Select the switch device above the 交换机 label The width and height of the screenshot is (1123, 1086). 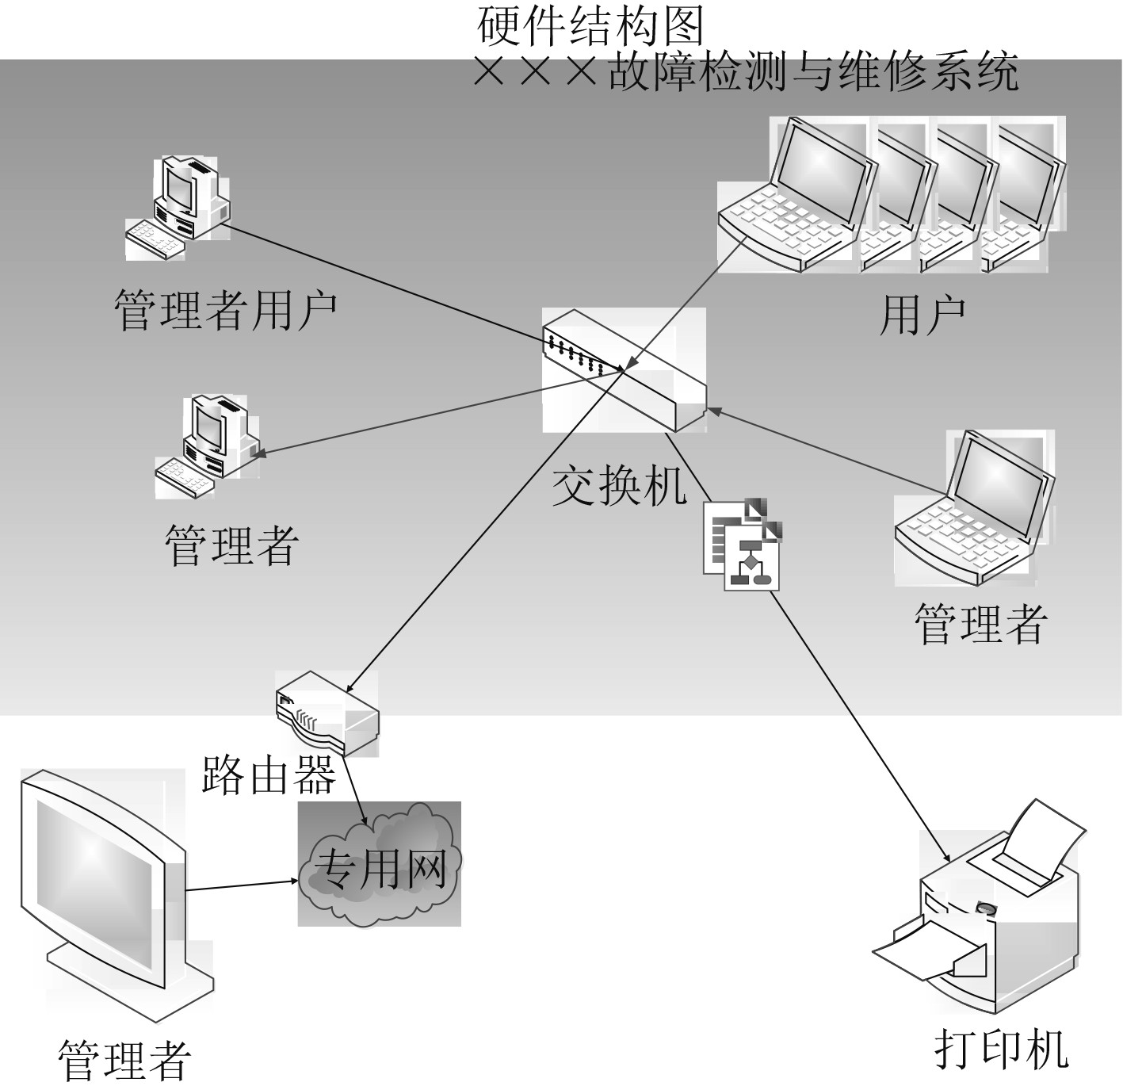point(625,369)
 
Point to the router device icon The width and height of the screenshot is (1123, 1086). point(327,712)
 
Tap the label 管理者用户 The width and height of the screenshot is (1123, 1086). point(226,309)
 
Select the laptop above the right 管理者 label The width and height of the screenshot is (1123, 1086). point(975,507)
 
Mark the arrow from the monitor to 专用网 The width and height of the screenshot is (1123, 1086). point(242,885)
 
